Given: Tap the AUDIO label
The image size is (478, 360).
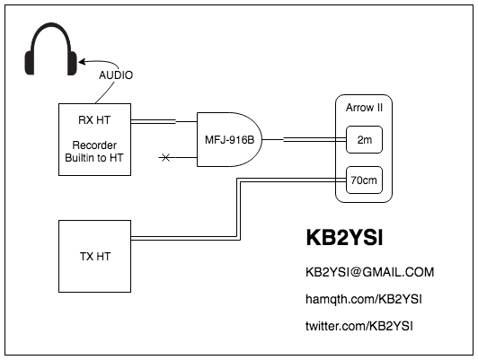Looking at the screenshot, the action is (x=116, y=75).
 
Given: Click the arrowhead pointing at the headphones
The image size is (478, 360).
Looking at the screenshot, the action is (x=82, y=62).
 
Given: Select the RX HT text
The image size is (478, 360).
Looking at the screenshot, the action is (x=94, y=120).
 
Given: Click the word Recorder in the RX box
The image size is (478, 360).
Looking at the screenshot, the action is (x=94, y=145).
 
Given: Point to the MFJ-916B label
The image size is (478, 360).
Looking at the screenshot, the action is (x=229, y=140).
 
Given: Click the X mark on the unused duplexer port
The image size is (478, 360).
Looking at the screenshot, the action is (x=165, y=157).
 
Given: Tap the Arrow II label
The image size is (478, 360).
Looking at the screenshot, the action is (x=364, y=108).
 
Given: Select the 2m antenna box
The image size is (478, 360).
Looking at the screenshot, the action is (x=364, y=139).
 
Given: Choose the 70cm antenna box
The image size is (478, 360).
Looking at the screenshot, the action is (x=364, y=180).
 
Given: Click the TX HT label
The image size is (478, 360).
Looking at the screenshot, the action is (x=95, y=257).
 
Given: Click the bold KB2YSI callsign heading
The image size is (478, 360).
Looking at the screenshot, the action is (x=344, y=238).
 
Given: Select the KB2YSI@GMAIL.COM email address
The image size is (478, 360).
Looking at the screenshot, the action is (x=370, y=272).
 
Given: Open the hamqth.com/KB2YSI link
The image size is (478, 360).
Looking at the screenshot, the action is (x=364, y=299).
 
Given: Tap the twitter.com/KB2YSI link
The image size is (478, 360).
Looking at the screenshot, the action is (x=359, y=326).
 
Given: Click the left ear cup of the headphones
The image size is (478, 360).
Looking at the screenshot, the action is (x=30, y=63).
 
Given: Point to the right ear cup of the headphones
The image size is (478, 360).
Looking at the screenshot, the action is (x=72, y=63).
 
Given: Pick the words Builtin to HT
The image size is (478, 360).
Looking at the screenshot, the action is (x=94, y=158).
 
